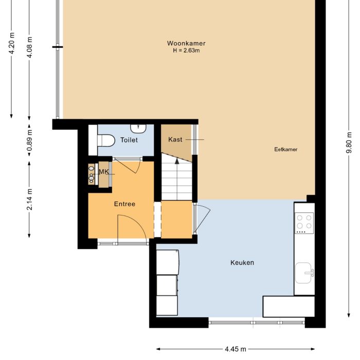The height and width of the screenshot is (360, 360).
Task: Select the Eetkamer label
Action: coord(286,150)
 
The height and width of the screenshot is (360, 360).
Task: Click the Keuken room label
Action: coord(242,263)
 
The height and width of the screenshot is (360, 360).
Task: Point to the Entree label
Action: coord(124,204)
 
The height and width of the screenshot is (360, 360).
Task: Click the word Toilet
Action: coord(129,140)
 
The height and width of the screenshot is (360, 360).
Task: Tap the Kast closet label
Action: coord(175,139)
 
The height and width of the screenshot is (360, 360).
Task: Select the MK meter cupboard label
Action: coord(104,172)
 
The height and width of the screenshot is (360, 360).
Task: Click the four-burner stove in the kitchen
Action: coord(304,222)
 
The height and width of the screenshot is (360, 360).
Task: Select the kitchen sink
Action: coord(305,271)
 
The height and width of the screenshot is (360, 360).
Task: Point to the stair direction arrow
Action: coord(177,161)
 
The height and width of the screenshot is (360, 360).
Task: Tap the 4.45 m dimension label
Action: coord(235,349)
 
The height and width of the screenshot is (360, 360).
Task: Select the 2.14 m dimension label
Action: coord(29,200)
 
